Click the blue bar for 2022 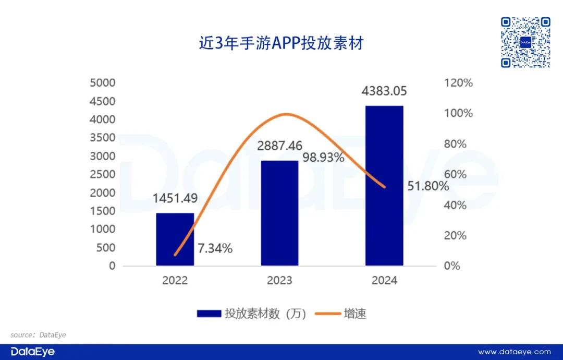pos(175,239)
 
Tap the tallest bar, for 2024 pos(384,186)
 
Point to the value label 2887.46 pos(280,146)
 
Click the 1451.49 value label pos(175,198)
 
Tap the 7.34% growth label pos(215,248)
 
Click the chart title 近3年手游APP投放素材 pos(281,43)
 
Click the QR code pos(525,42)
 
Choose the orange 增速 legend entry pos(341,314)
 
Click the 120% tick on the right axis pos(458,83)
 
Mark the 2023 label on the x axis pos(279,280)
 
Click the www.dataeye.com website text pos(514,352)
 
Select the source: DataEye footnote pos(38,334)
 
